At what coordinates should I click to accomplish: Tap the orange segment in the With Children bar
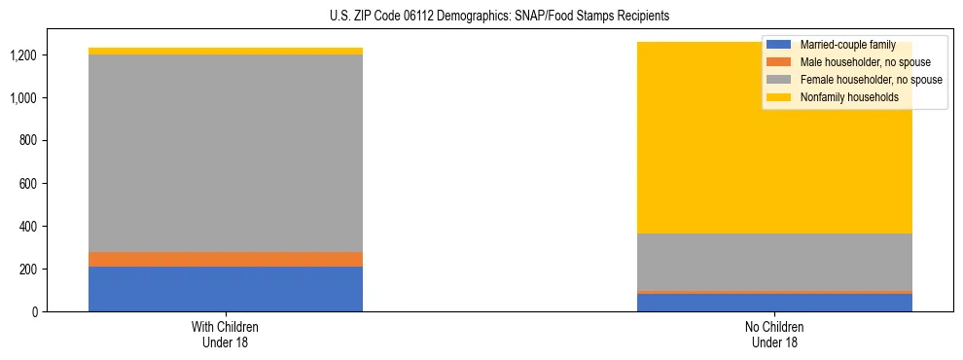226,259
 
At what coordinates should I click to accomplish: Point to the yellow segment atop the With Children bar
226,51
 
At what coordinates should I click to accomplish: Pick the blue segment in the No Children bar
775,303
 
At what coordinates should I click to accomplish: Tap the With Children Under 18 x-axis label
226,334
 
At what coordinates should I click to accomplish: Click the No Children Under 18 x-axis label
775,334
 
